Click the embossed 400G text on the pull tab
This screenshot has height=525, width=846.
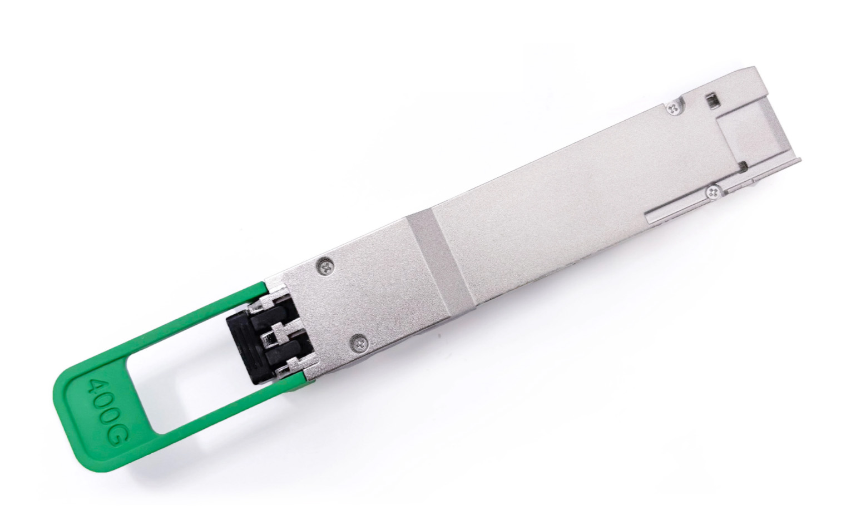tap(106, 412)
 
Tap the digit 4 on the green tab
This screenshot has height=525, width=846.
tap(95, 387)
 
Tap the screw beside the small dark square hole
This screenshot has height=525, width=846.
tap(672, 109)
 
